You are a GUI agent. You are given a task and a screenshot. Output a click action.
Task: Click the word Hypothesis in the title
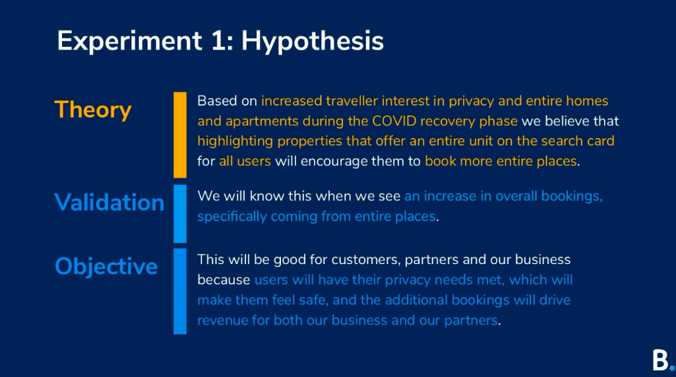tap(312, 42)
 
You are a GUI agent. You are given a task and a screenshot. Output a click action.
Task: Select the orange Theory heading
tap(93, 110)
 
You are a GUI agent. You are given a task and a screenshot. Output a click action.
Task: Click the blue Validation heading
tap(109, 202)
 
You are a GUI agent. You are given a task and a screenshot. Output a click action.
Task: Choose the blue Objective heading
tap(106, 267)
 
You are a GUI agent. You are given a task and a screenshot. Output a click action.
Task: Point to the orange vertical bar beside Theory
tap(180, 135)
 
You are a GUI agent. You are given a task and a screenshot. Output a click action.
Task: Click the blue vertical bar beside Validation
tap(180, 214)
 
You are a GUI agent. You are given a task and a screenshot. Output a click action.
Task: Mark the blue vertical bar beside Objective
tap(180, 291)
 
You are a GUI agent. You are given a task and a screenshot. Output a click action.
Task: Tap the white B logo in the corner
tap(660, 360)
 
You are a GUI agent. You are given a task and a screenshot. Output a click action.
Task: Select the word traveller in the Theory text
tap(352, 101)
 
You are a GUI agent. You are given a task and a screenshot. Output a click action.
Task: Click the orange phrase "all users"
tap(245, 161)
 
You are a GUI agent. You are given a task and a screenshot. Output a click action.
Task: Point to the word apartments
tap(262, 121)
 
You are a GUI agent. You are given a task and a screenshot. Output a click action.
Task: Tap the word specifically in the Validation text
tap(232, 217)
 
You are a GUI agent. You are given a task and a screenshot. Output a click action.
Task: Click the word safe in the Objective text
tap(313, 300)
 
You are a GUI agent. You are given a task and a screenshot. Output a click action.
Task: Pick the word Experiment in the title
tap(129, 42)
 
